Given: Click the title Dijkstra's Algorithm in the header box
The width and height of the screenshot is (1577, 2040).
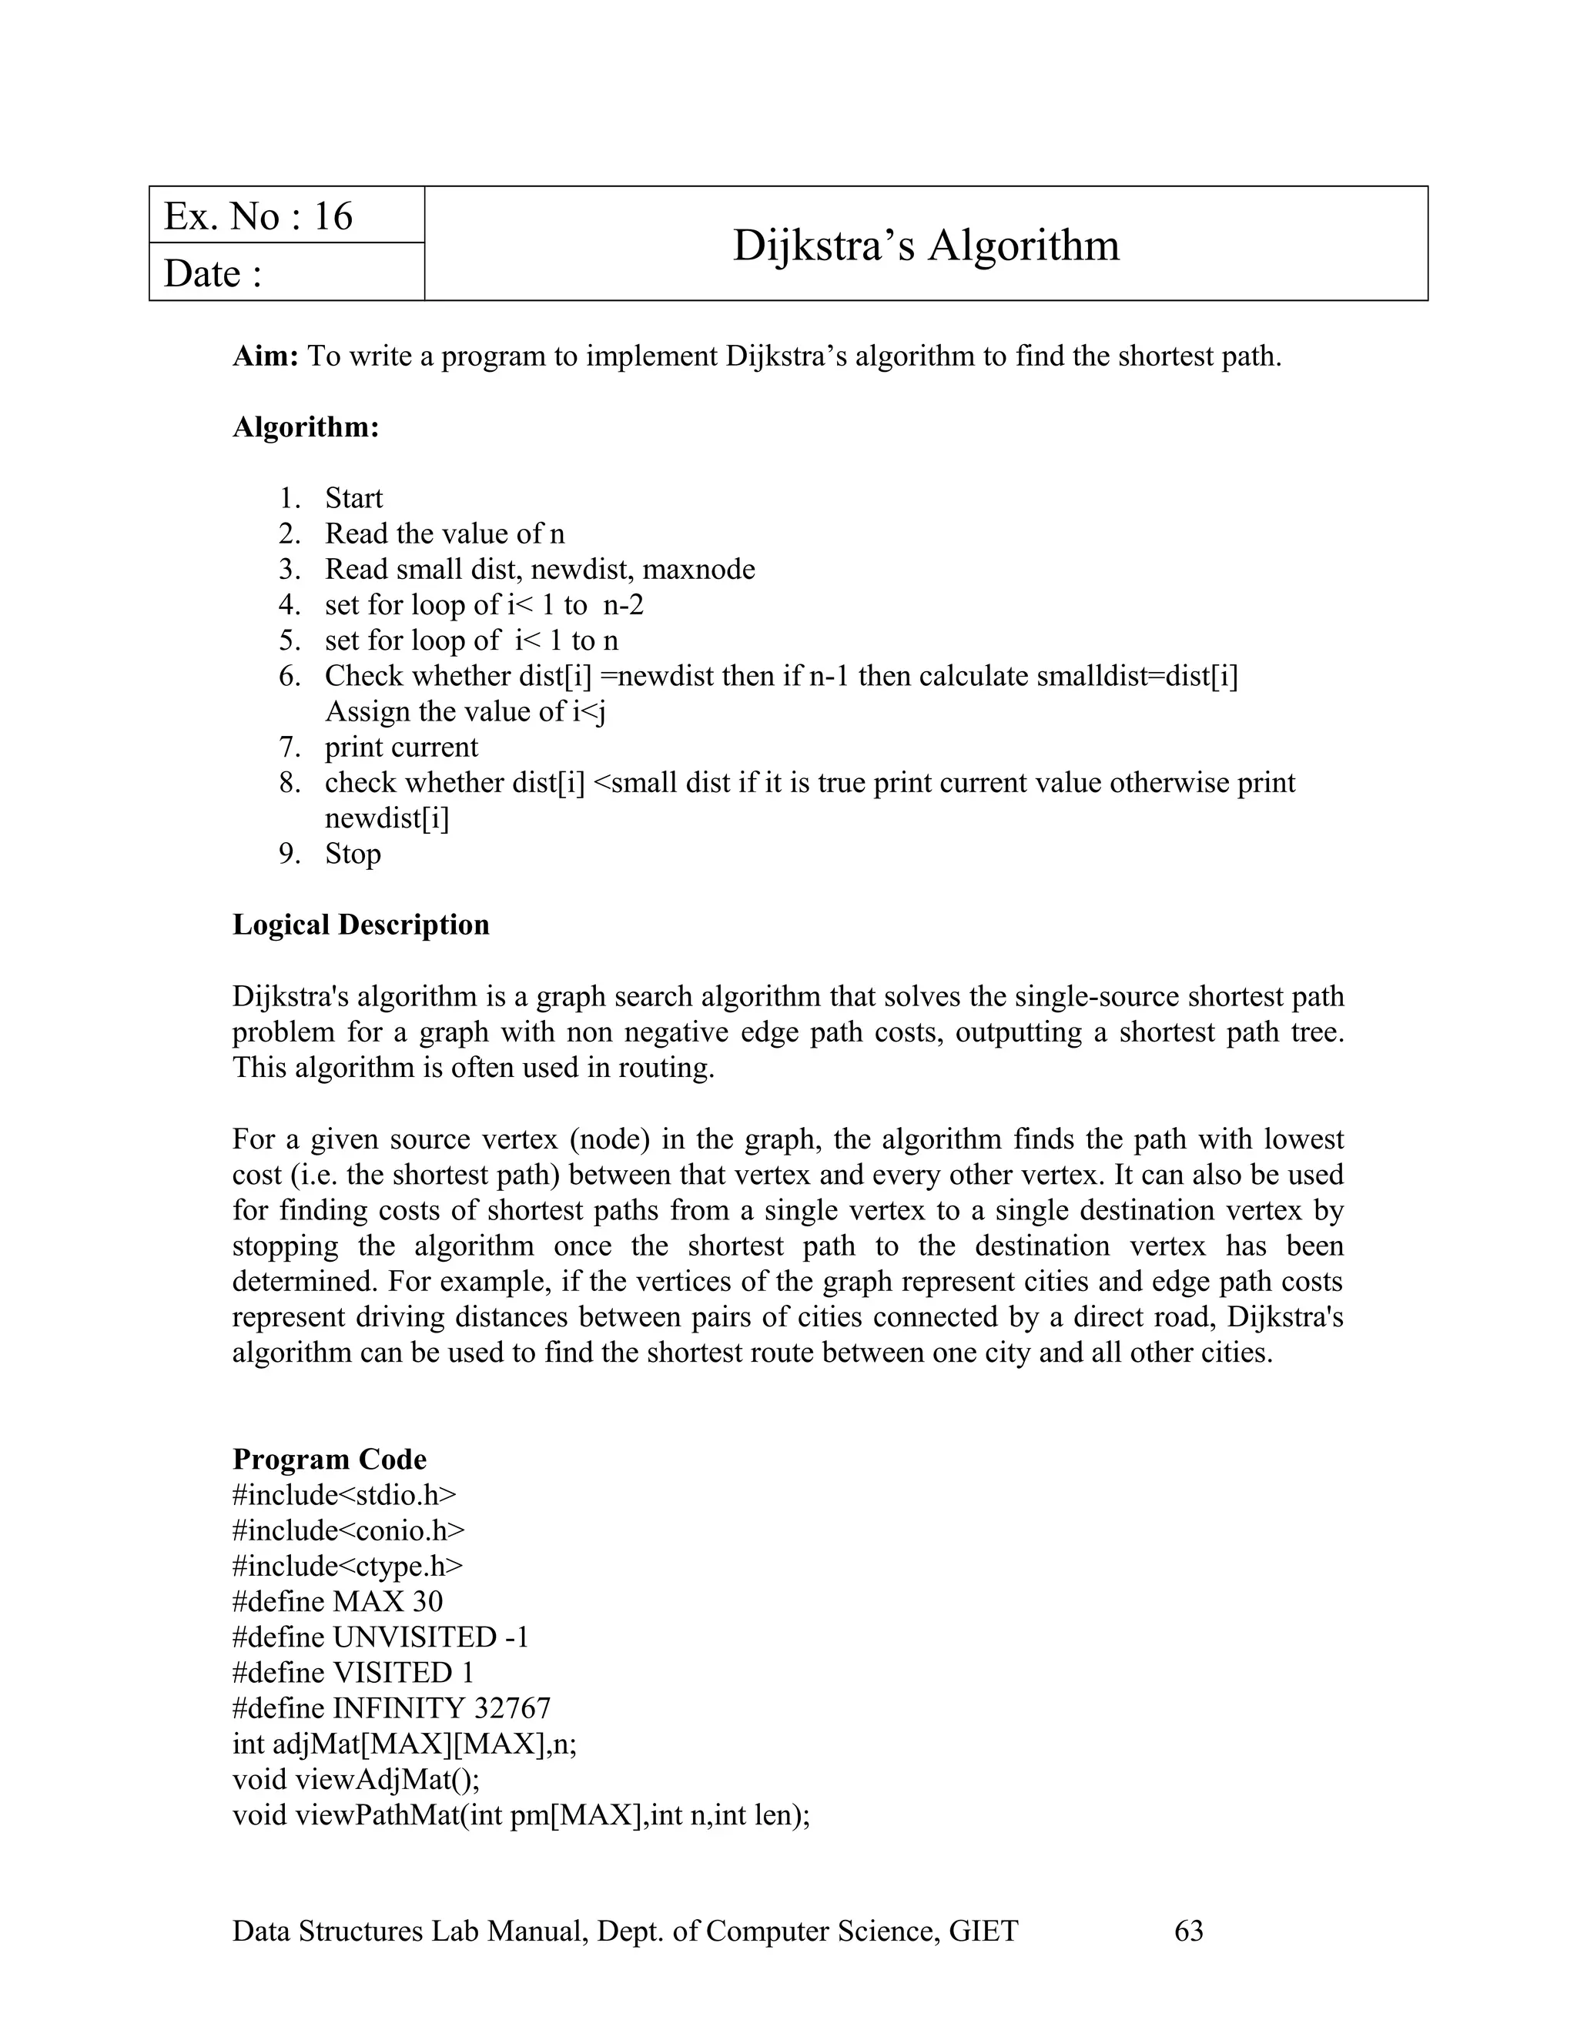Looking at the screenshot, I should [x=925, y=245].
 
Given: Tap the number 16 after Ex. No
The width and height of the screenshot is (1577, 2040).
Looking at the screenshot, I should [x=333, y=217].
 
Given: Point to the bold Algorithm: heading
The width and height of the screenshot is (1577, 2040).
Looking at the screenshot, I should [x=306, y=427].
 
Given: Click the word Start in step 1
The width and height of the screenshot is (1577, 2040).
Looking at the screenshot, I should [x=353, y=498].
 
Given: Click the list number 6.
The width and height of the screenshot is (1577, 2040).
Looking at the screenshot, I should [x=289, y=675].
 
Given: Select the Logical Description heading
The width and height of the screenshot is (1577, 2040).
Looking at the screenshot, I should [x=360, y=924].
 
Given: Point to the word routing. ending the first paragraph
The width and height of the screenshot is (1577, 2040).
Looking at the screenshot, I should [x=666, y=1067].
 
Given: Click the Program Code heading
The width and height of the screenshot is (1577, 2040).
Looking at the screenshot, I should [x=329, y=1459].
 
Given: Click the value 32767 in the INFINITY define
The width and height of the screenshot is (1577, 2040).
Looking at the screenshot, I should [x=512, y=1707].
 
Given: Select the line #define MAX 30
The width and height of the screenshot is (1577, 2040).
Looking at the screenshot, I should [x=337, y=1601].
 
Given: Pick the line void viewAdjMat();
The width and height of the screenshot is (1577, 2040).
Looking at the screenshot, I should [x=355, y=1778].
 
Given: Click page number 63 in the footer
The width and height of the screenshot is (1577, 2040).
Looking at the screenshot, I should [x=1188, y=1931].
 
